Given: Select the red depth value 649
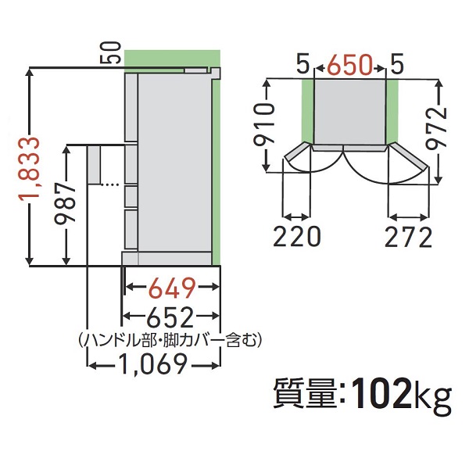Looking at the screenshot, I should pyautogui.click(x=172, y=290).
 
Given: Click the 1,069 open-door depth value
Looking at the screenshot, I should pyautogui.click(x=153, y=364).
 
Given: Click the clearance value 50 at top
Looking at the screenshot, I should pyautogui.click(x=110, y=55).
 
